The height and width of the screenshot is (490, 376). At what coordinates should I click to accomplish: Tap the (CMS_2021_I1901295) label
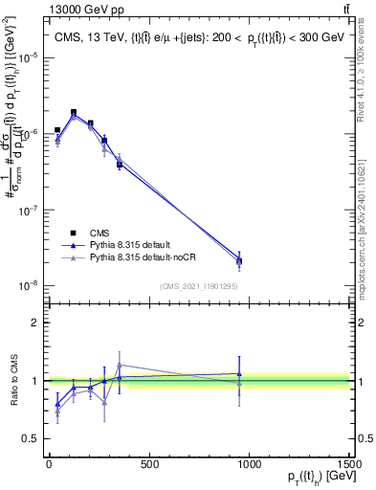coord(199,285)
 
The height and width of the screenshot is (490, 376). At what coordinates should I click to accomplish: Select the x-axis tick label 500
coord(148,465)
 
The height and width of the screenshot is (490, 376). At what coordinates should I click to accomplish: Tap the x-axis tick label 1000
coord(249,465)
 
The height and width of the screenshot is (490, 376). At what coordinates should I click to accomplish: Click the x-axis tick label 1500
coord(347,465)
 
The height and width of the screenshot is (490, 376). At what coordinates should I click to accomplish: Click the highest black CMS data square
coord(74,112)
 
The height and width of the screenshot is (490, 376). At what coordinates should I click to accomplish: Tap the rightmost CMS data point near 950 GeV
coord(239,260)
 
